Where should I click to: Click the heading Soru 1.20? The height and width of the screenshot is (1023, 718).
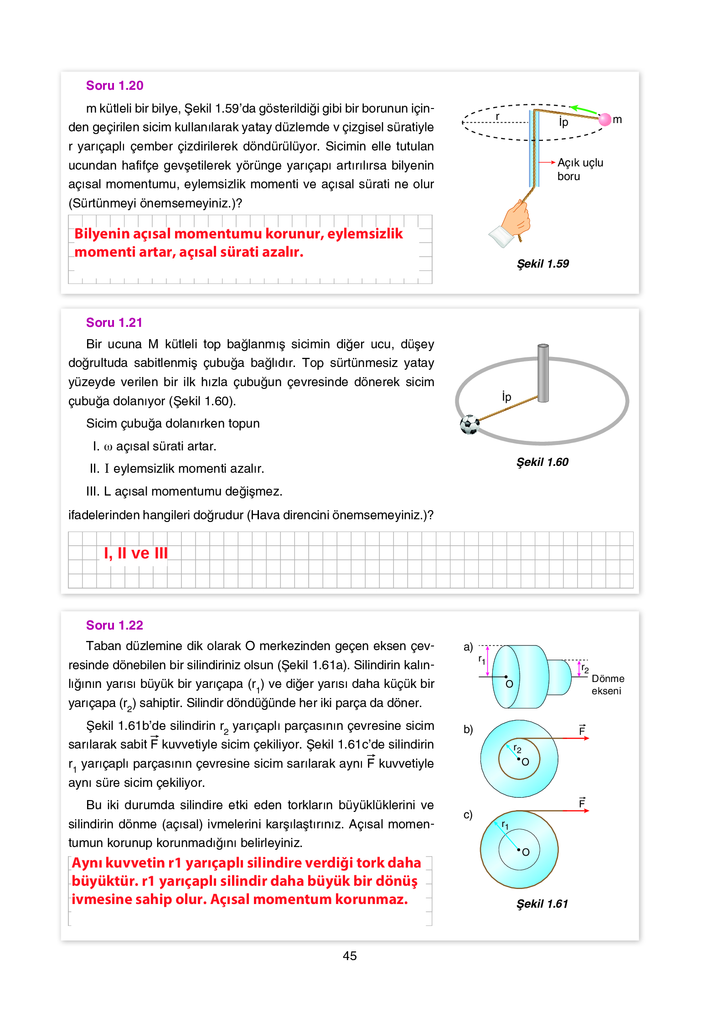click(x=114, y=86)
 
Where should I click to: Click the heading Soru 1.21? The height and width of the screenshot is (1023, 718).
click(x=114, y=323)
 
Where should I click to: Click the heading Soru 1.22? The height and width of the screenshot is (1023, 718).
click(x=114, y=625)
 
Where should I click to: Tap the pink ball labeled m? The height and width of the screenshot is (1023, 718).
click(x=604, y=119)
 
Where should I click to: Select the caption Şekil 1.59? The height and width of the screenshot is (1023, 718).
click(x=542, y=264)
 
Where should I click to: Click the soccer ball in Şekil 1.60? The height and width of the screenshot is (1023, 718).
click(x=469, y=425)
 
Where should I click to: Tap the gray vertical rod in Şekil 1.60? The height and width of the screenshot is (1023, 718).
click(x=542, y=373)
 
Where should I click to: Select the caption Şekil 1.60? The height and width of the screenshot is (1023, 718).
click(x=542, y=462)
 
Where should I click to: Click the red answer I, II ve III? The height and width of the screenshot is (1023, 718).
click(x=135, y=553)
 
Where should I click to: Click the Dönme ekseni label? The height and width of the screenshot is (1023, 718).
click(x=607, y=685)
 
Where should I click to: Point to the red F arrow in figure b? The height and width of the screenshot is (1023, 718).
click(x=576, y=738)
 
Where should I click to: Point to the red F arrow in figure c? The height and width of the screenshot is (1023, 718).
click(x=576, y=811)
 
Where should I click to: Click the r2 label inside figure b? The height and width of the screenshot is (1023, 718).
click(x=517, y=748)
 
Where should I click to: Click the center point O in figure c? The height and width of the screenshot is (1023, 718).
click(x=519, y=850)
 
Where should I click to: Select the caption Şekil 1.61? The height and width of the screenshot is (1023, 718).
click(x=542, y=904)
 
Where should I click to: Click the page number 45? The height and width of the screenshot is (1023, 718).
click(x=350, y=956)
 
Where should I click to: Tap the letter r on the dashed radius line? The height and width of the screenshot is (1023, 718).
click(x=497, y=117)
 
